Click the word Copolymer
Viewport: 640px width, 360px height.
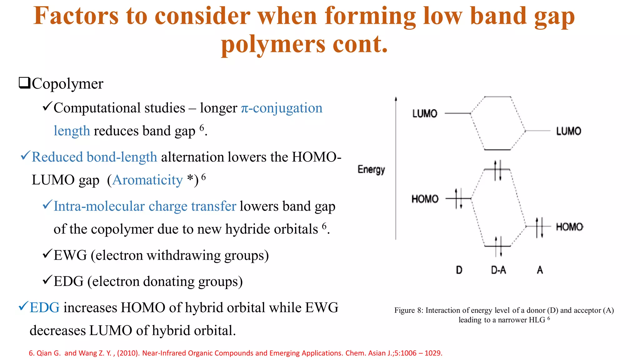[x=67, y=84]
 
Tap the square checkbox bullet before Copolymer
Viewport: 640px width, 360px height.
[x=24, y=83]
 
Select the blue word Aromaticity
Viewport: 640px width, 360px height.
[x=147, y=180]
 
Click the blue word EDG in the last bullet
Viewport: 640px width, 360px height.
[x=44, y=307]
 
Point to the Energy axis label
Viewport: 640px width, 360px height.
[x=371, y=169]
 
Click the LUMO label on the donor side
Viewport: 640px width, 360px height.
[x=424, y=113]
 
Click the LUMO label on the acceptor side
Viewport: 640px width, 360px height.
[x=568, y=131]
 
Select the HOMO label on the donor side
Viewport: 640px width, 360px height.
[x=425, y=199]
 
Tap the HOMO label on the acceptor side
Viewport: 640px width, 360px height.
[x=569, y=227]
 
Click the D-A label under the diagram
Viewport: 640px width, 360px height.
[x=498, y=270]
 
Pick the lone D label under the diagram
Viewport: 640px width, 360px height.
[x=459, y=270]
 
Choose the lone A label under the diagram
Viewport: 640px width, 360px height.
[x=540, y=270]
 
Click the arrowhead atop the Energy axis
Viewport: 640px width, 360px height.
[x=396, y=99]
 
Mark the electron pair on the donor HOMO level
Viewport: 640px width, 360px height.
[x=458, y=198]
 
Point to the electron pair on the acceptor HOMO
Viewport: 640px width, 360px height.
[x=539, y=227]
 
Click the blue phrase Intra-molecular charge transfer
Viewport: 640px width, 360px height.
[x=145, y=206]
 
